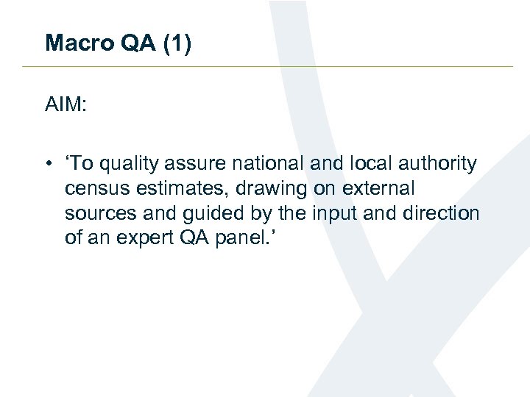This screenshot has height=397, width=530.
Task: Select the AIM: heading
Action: click(x=66, y=106)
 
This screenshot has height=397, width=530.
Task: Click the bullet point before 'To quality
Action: click(x=49, y=164)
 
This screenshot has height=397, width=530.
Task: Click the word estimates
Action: click(x=166, y=189)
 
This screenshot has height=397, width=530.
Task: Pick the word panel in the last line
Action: click(x=251, y=238)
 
